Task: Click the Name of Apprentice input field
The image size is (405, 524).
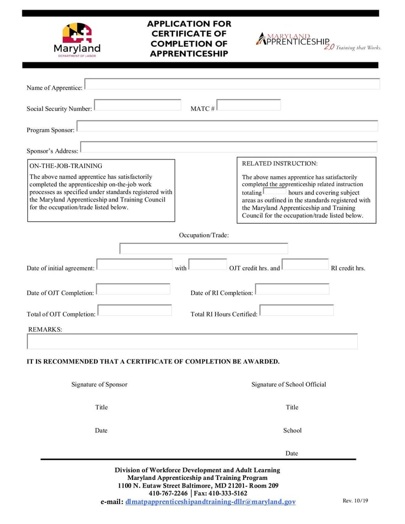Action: click(x=232, y=85)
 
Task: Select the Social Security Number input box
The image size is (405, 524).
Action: click(x=137, y=105)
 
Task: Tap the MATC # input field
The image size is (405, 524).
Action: click(x=249, y=105)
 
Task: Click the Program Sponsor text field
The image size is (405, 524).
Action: click(x=227, y=127)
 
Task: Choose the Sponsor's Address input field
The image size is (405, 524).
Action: click(x=229, y=147)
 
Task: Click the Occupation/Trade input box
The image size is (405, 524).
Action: click(x=204, y=249)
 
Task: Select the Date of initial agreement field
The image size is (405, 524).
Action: click(x=135, y=265)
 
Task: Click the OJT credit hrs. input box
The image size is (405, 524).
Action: click(x=208, y=265)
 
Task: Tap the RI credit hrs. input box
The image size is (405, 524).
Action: click(x=305, y=265)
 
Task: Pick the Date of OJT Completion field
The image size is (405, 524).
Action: click(x=133, y=290)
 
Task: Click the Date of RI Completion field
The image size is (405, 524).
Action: click(x=292, y=290)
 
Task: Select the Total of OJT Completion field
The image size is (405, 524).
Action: click(x=135, y=310)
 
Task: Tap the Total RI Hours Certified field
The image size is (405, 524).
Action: click(x=297, y=310)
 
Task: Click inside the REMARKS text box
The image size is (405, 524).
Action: click(x=192, y=342)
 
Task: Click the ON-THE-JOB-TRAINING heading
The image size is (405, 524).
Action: click(x=66, y=166)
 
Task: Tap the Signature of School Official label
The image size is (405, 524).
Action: click(x=289, y=384)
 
